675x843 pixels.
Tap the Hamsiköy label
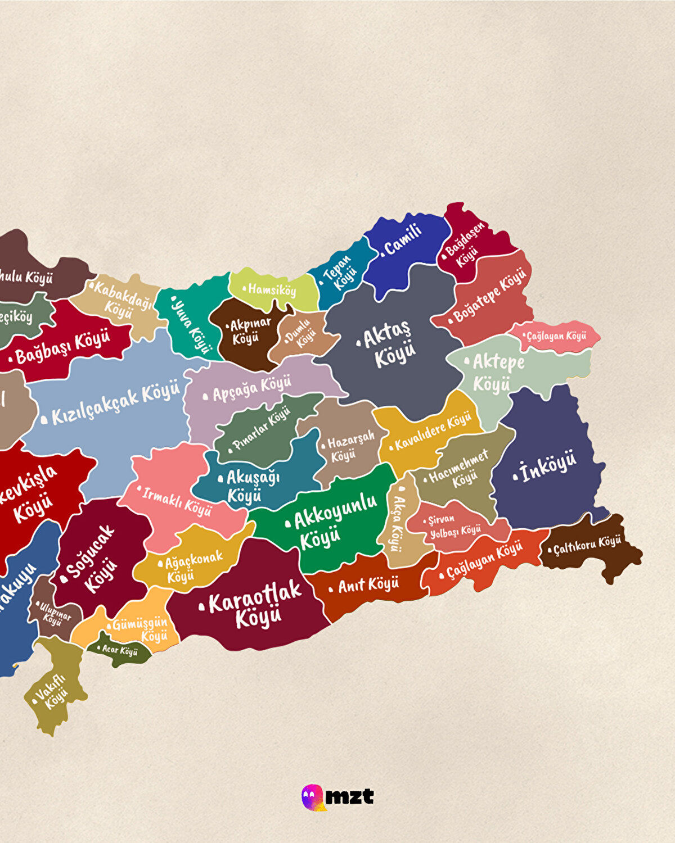pyautogui.click(x=272, y=290)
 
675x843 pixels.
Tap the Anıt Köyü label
pyautogui.click(x=368, y=585)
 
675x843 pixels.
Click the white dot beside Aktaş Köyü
pyautogui.click(x=359, y=342)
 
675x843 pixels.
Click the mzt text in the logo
pyautogui.click(x=349, y=796)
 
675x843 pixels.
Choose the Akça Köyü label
pyautogui.click(x=397, y=523)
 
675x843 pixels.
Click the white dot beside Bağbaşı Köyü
pyautogui.click(x=10, y=358)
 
